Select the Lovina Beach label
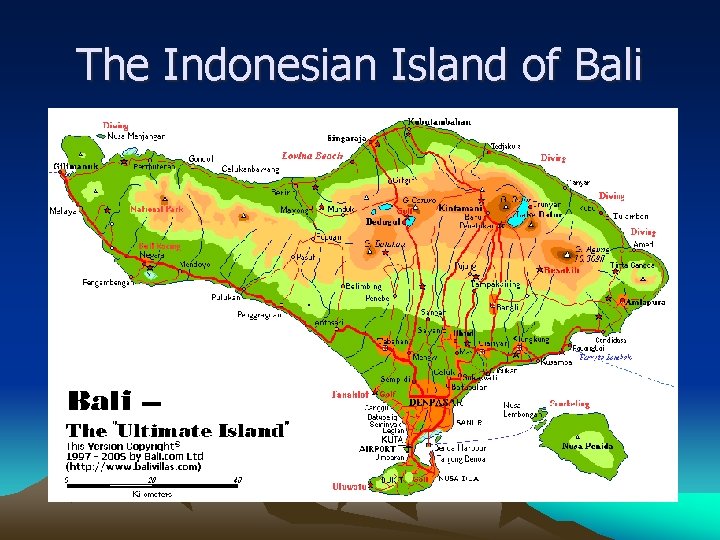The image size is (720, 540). [312, 156]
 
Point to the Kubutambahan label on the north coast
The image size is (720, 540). [440, 122]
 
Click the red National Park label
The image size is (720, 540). [156, 209]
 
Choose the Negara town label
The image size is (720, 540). [152, 254]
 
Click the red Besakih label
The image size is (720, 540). [563, 270]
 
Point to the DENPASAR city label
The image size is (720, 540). [434, 402]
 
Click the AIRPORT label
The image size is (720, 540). [378, 449]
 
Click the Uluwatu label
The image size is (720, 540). [350, 487]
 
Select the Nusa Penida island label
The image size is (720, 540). [587, 446]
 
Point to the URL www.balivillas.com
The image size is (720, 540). [133, 465]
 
